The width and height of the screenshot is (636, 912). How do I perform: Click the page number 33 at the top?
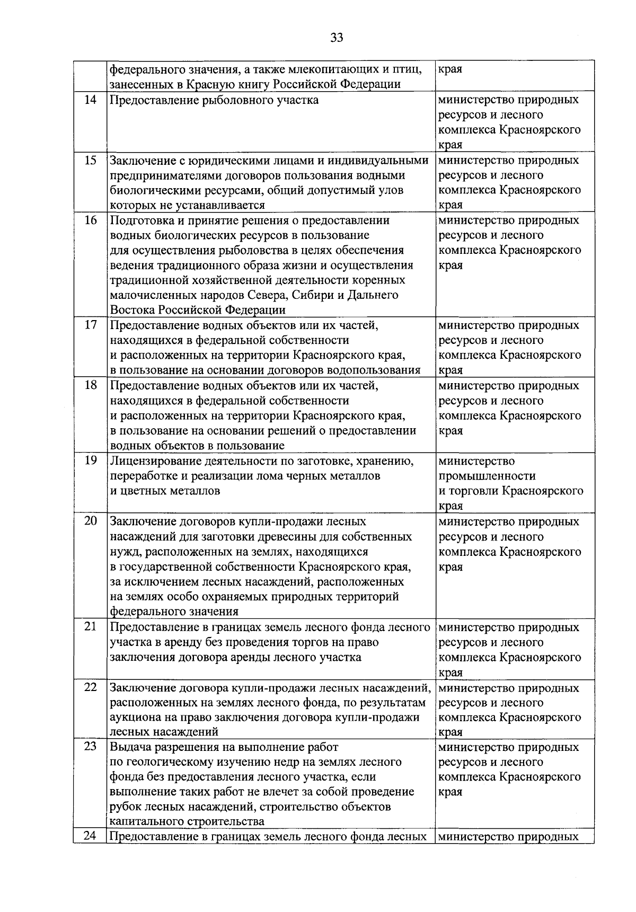[x=337, y=38]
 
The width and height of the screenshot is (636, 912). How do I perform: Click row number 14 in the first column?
[x=91, y=100]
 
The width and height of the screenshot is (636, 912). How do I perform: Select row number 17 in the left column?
[x=91, y=325]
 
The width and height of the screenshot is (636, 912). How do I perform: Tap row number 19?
[x=91, y=461]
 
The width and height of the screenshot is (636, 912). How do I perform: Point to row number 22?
[x=91, y=687]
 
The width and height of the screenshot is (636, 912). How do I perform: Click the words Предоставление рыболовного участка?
[x=214, y=100]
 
